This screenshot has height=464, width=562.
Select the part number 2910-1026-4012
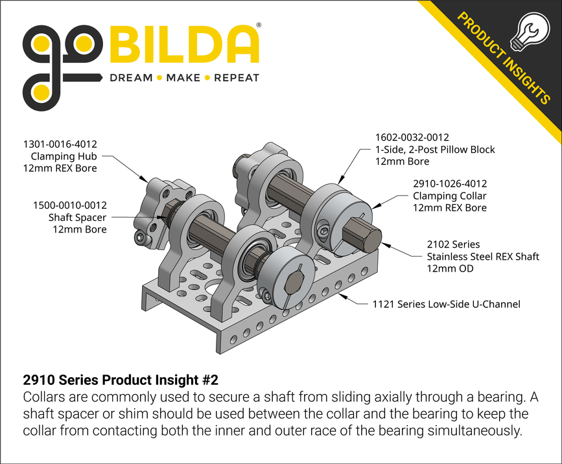(x=450, y=184)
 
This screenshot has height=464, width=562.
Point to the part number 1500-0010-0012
(x=70, y=205)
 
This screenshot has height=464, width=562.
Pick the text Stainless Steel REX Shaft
(x=483, y=257)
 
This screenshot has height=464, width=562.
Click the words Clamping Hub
(x=64, y=156)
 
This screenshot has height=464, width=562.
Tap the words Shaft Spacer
(x=77, y=218)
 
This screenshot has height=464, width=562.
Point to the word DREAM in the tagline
(x=130, y=78)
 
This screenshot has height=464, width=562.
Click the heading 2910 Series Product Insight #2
(x=125, y=379)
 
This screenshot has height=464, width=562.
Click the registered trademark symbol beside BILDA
(x=259, y=25)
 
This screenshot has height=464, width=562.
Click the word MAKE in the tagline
(x=183, y=78)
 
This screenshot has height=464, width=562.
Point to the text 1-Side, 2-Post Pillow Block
(x=435, y=150)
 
